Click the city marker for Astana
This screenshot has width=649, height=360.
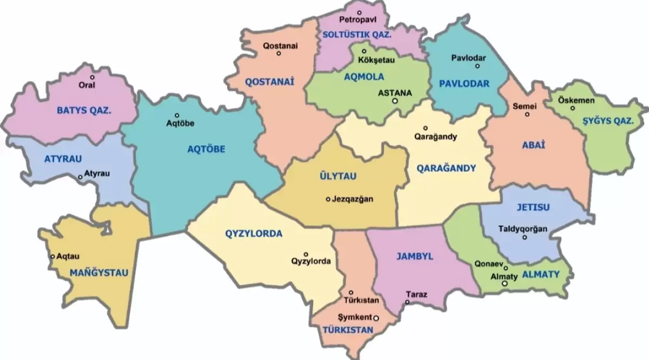click(x=395, y=101)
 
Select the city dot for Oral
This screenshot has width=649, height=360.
click(x=92, y=77)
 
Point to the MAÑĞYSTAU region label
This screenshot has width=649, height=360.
click(x=100, y=273)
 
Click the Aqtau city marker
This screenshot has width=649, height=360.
click(x=52, y=257)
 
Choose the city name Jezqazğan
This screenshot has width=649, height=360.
click(x=353, y=199)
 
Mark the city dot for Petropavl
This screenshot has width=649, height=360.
click(x=360, y=12)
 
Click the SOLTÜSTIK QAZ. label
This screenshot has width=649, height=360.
click(x=356, y=34)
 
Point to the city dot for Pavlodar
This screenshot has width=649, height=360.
click(x=477, y=66)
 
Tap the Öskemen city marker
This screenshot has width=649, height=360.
click(x=573, y=108)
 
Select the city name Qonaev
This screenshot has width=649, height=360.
click(x=486, y=265)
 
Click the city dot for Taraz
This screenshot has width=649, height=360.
click(x=407, y=302)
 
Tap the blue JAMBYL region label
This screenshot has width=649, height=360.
click(x=415, y=257)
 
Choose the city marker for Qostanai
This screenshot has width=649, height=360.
click(x=279, y=53)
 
